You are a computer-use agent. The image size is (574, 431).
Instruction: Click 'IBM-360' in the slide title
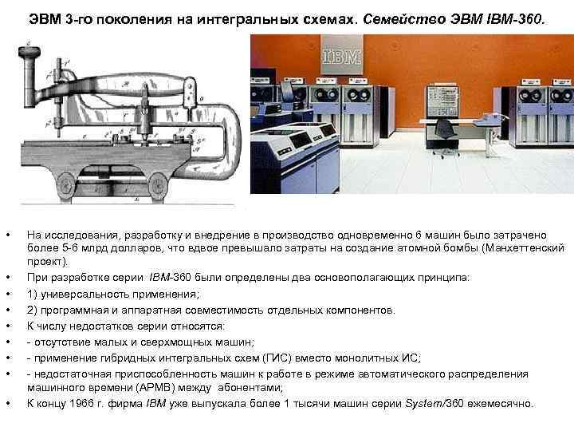click(515, 18)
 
